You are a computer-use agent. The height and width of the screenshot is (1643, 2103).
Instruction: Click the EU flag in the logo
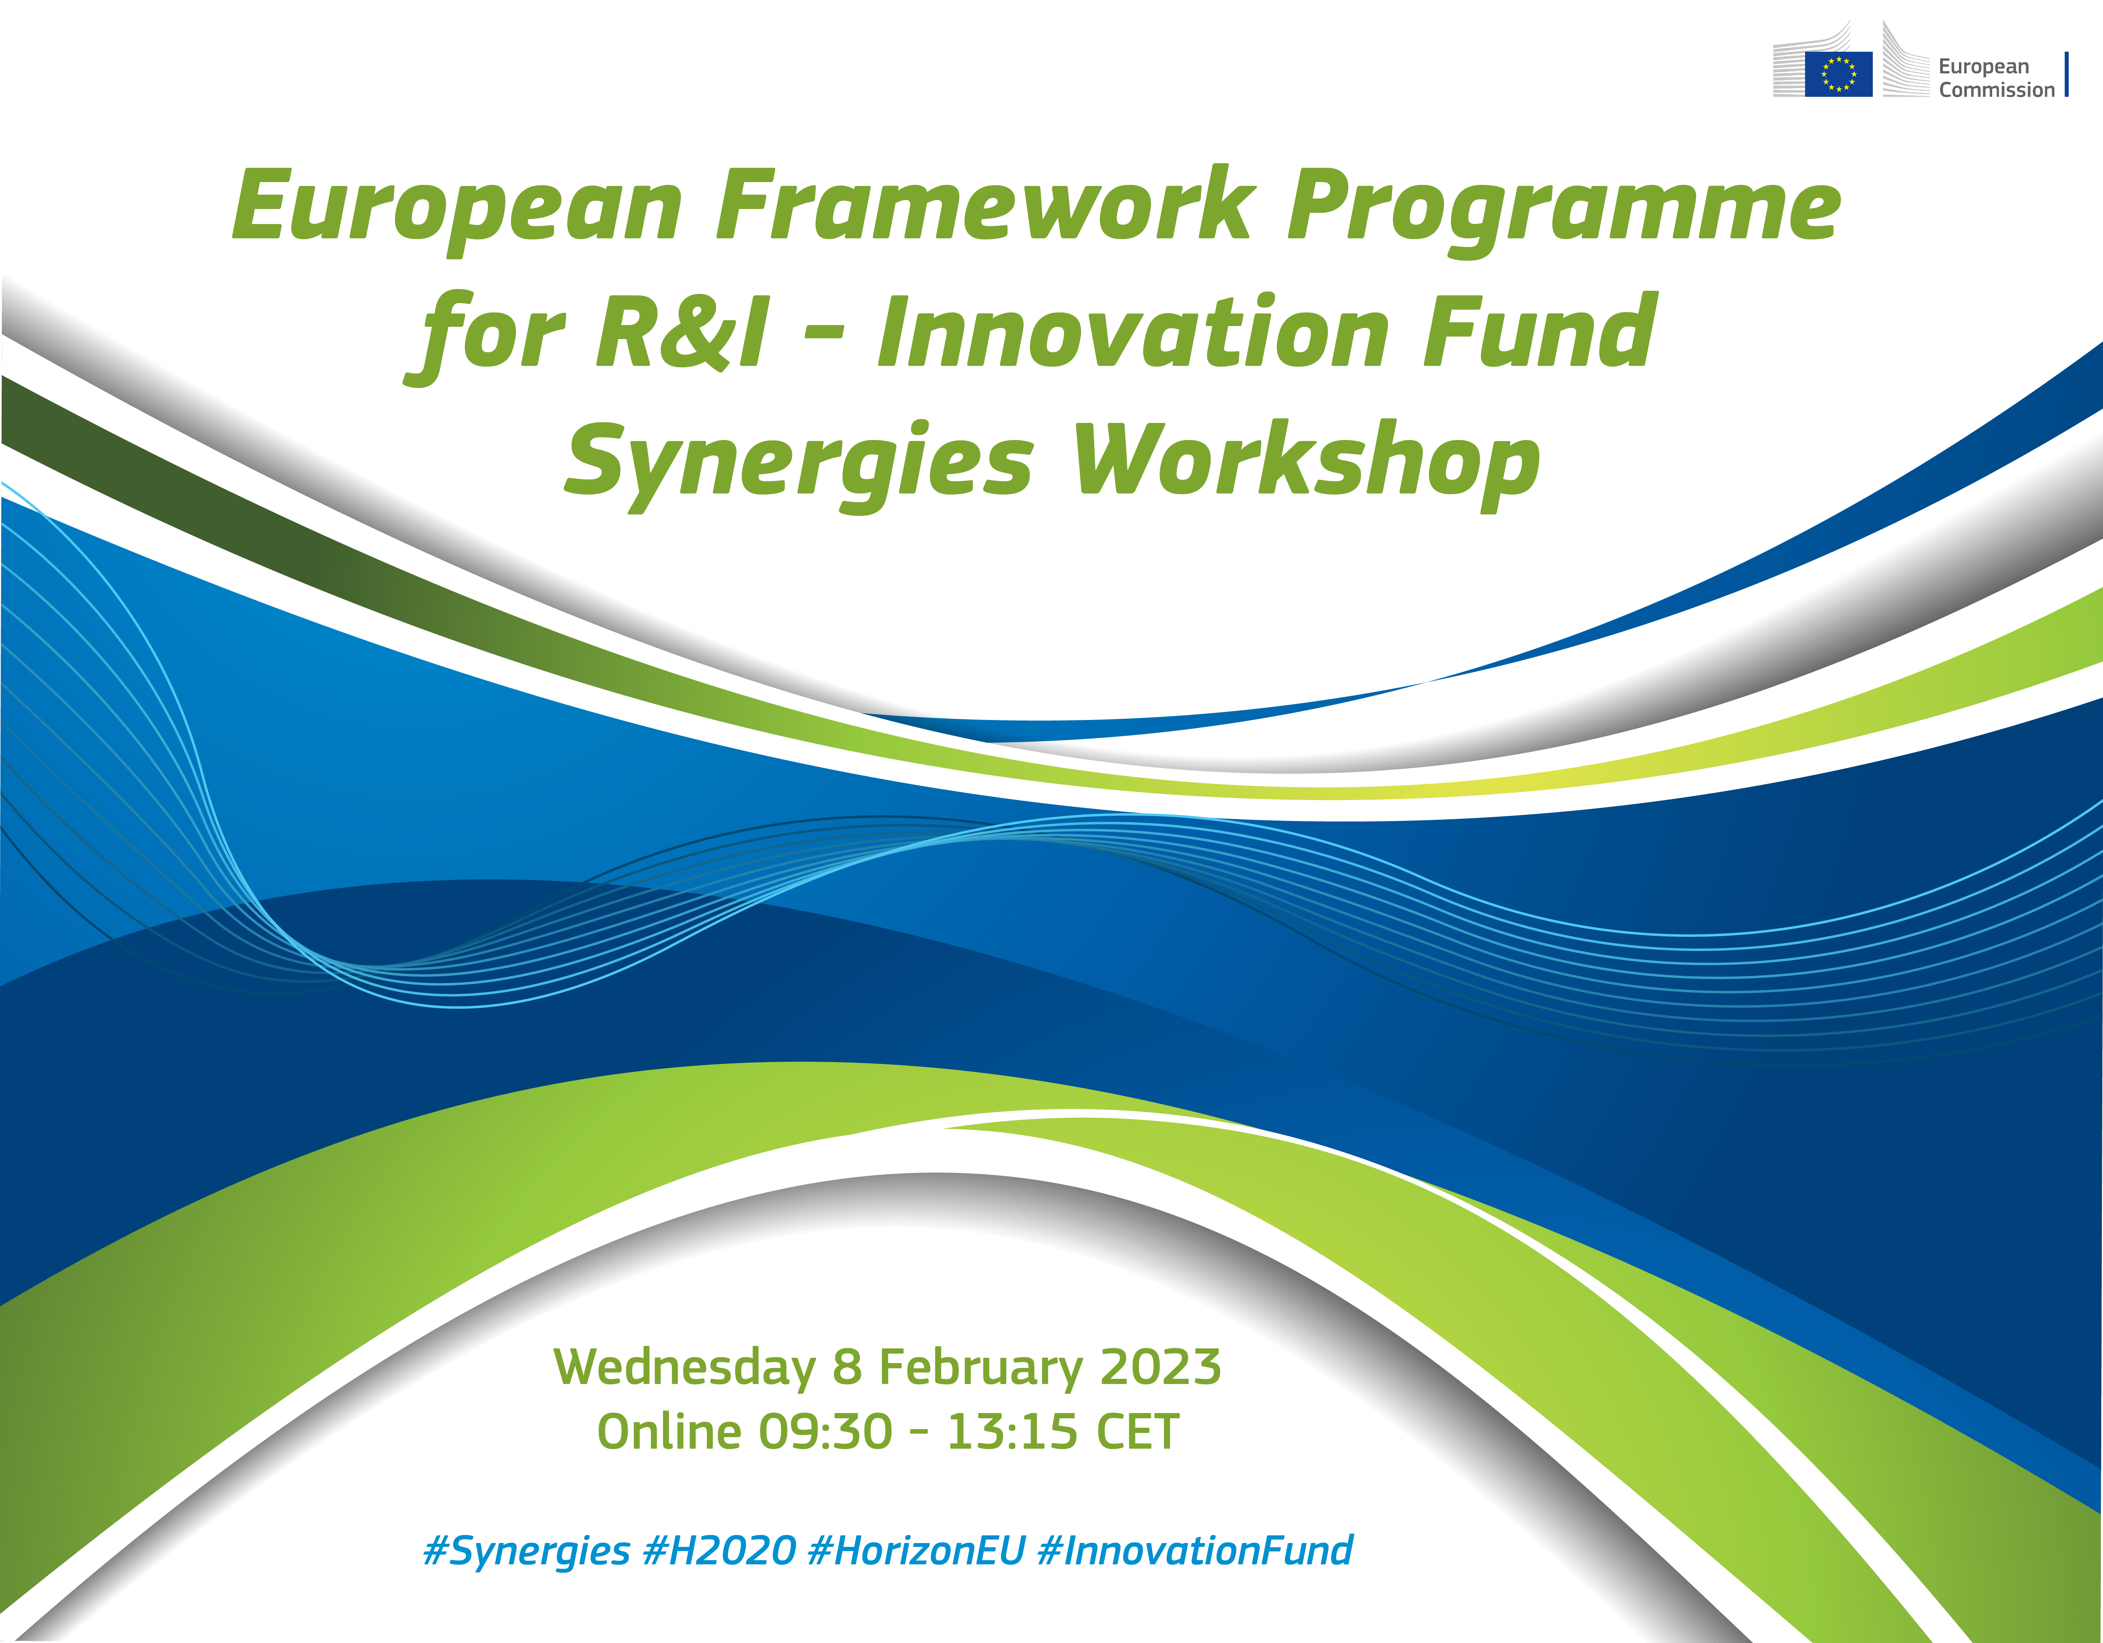1838,74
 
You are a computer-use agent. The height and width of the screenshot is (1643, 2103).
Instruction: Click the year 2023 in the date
1160,1367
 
